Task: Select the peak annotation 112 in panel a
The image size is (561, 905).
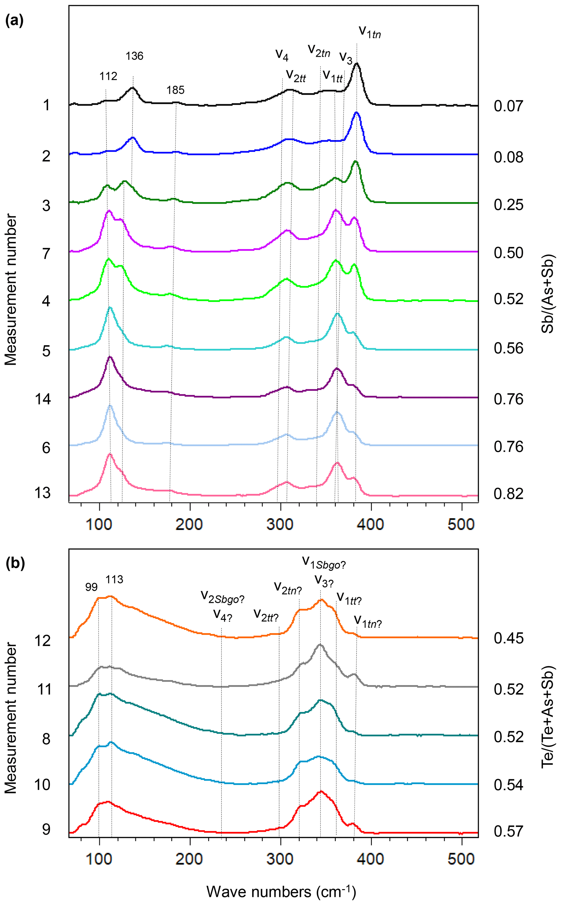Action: (x=108, y=77)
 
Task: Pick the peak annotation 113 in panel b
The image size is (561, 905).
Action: (x=114, y=580)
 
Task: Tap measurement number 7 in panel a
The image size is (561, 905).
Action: (x=46, y=254)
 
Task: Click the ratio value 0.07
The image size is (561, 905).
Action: (x=508, y=106)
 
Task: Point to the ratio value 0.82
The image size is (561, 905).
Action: (x=508, y=494)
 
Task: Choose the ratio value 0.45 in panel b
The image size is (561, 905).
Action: (x=508, y=638)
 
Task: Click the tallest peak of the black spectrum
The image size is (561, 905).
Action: (x=357, y=64)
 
